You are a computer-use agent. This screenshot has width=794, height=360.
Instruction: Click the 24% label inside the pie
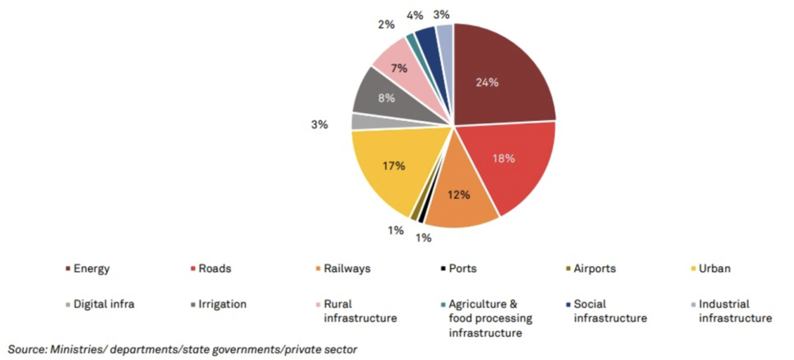[x=487, y=83]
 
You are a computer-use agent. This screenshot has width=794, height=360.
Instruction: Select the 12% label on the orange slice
[x=459, y=195]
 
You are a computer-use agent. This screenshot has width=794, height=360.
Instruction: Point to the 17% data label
[x=394, y=166]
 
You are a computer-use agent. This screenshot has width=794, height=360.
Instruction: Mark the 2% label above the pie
[x=386, y=24]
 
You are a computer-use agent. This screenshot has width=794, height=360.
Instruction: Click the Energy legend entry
[x=91, y=269]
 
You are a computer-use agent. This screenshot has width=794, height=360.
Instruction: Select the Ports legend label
[x=462, y=269]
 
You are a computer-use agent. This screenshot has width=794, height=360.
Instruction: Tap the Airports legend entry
[x=594, y=269]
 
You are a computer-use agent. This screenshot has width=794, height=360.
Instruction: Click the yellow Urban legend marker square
[x=693, y=269]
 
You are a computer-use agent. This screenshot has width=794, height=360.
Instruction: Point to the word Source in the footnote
[x=26, y=349]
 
